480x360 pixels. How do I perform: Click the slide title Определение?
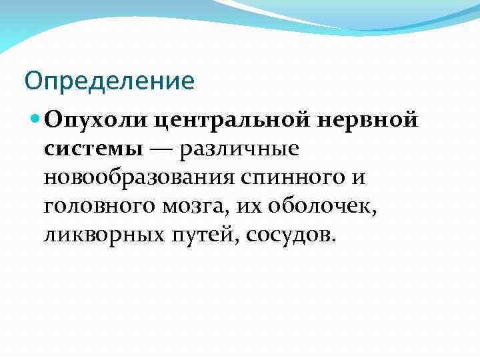coord(109,81)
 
